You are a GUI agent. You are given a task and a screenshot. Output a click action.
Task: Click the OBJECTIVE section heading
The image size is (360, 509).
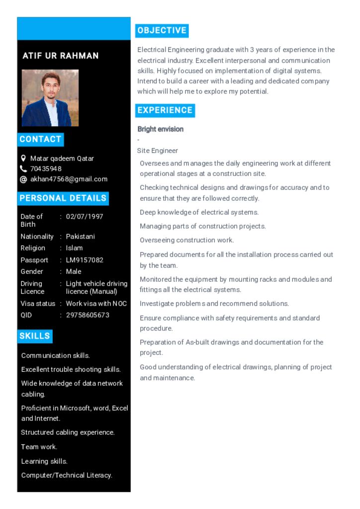(x=162, y=30)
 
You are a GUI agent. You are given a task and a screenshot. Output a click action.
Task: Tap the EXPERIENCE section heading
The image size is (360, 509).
(x=165, y=110)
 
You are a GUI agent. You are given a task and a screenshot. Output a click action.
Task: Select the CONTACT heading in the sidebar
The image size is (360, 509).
(x=40, y=139)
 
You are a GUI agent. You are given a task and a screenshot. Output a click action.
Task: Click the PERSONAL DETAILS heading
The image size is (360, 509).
(x=63, y=198)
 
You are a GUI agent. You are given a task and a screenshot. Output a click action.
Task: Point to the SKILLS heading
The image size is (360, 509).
(x=35, y=336)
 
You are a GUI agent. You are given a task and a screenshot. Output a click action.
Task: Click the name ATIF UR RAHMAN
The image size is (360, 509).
(x=61, y=56)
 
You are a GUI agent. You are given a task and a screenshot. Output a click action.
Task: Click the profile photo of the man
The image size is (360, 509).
(x=50, y=97)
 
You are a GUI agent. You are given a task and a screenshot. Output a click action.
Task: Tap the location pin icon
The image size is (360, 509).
(x=23, y=158)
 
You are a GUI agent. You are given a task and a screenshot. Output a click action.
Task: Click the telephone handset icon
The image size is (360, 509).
(x=23, y=169)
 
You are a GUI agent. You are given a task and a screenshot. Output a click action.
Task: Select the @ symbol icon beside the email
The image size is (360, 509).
(x=23, y=179)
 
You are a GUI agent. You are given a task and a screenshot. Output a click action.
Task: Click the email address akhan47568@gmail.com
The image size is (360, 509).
(x=69, y=179)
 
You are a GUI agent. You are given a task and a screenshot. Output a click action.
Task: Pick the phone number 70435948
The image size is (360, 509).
(x=46, y=169)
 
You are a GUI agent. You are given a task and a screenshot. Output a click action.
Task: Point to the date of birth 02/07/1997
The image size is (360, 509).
(x=85, y=216)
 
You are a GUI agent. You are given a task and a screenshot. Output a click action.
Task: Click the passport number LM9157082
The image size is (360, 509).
(x=85, y=260)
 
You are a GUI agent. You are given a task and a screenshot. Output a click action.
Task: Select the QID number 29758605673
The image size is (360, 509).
(x=88, y=315)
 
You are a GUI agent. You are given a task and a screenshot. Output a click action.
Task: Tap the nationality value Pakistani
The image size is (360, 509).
(x=80, y=237)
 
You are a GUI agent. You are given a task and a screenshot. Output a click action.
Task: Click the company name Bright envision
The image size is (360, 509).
(x=161, y=129)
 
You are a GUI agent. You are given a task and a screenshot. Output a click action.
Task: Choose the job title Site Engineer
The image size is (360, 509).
(x=158, y=151)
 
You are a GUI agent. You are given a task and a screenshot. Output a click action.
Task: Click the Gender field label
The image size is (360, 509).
(x=32, y=271)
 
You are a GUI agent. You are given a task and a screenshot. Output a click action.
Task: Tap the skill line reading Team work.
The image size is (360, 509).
(x=39, y=447)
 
